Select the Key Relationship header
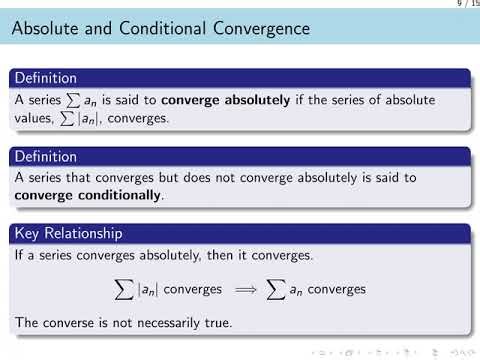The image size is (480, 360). click(x=70, y=233)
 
